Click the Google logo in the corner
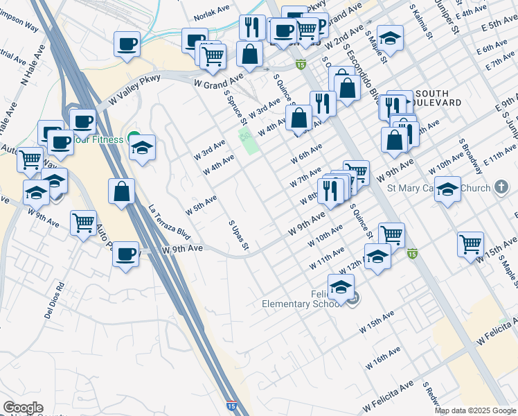click(x=23, y=408)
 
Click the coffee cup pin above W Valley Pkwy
click(x=127, y=44)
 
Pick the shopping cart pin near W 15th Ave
click(x=470, y=243)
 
